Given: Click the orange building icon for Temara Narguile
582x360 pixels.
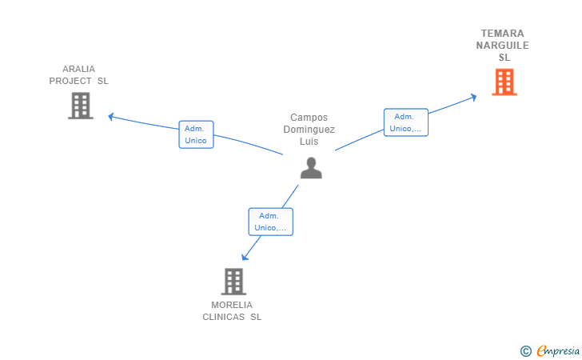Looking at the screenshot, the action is click(504, 82).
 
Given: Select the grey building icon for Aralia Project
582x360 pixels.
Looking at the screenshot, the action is click(81, 106).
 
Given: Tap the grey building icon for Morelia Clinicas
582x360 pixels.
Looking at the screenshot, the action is click(233, 282).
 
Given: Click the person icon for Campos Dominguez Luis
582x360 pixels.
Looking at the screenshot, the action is click(311, 168).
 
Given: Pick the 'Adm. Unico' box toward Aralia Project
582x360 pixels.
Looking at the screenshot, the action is click(196, 134).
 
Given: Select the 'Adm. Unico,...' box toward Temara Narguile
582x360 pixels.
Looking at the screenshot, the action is click(405, 122).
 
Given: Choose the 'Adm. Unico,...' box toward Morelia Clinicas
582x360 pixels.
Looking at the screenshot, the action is click(270, 222).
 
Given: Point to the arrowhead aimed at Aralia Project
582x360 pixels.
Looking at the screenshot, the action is click(110, 117).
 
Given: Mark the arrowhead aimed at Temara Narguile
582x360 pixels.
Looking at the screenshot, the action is click(473, 98).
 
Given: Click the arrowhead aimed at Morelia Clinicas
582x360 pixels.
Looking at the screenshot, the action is click(245, 257).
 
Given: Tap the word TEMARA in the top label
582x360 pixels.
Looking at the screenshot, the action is click(503, 34).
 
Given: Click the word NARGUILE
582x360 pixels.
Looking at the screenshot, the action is click(503, 46).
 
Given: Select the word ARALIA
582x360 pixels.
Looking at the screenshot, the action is click(78, 69).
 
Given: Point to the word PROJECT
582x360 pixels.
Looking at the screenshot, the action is click(70, 81).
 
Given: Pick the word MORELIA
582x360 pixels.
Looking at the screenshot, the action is click(232, 305).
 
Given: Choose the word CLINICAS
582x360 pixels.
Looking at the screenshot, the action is click(224, 317).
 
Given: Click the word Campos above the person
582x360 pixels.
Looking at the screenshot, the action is click(309, 118).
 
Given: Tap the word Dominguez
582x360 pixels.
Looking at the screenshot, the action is click(309, 130).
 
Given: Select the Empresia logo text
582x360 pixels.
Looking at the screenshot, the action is click(558, 350).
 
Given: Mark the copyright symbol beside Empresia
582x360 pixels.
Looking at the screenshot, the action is click(525, 351).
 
